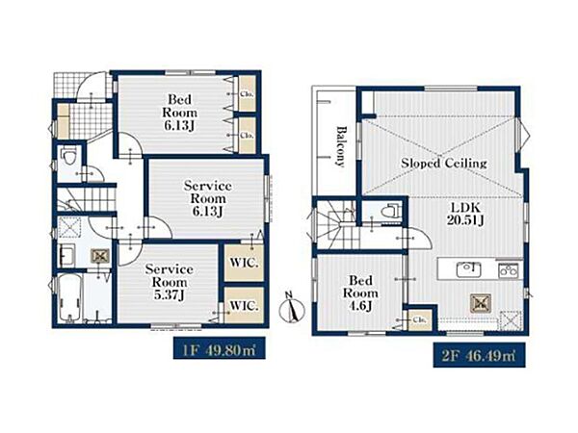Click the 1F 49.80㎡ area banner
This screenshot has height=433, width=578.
220,348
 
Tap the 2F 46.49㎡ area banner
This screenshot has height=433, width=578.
479,355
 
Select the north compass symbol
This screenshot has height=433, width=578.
292,308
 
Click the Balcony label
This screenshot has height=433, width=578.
341,146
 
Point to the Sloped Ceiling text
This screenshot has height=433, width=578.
444,163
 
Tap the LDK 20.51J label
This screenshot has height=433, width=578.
465,214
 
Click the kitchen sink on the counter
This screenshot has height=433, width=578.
468,269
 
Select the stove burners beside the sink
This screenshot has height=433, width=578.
509,271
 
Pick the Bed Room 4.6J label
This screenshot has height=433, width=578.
360,293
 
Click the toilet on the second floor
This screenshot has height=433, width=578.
391,211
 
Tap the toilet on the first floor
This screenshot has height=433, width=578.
69,156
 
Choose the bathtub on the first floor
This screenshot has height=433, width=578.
69,298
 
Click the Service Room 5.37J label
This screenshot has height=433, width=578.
170,282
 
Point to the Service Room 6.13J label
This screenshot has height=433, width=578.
207,198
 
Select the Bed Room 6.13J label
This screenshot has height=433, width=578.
179,112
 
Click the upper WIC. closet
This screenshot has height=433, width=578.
245,263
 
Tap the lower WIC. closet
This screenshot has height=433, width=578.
245,306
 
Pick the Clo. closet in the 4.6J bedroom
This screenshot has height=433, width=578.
419,320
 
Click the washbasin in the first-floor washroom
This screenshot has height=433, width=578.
67,255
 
